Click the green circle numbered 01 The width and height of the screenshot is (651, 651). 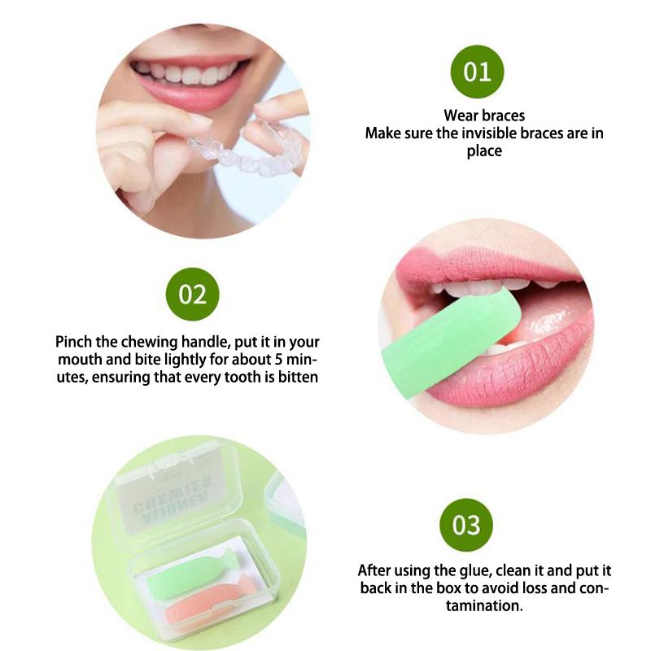point(478,71)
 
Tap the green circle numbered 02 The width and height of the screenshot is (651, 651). point(192,294)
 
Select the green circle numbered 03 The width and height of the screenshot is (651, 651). point(466,525)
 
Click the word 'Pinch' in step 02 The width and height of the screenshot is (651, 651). point(75,341)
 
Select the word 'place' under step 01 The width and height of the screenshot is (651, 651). point(484,151)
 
